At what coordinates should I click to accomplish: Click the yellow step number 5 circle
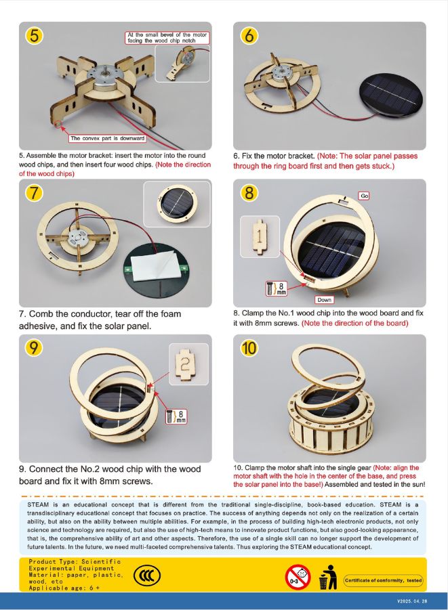point(35,36)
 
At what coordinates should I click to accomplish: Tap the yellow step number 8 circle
point(249,193)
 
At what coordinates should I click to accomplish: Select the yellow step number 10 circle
point(249,347)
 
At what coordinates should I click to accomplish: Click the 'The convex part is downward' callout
point(107,138)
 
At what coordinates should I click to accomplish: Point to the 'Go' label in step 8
point(364,196)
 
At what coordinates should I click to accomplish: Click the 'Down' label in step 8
point(324,300)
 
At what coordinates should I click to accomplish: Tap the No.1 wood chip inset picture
point(260,236)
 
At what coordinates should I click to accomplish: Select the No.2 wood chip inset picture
point(188,364)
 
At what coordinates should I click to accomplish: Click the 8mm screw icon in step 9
point(176,416)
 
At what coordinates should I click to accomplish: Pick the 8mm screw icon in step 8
point(277,288)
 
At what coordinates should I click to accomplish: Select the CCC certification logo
point(147,575)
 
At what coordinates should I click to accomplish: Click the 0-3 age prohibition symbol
point(298,577)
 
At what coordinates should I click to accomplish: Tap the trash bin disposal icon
point(327,578)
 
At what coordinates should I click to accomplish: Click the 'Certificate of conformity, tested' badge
point(384,580)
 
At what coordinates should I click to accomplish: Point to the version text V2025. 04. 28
point(412,601)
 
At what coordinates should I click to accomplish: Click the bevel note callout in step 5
point(167,38)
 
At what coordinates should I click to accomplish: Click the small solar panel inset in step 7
point(177,204)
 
